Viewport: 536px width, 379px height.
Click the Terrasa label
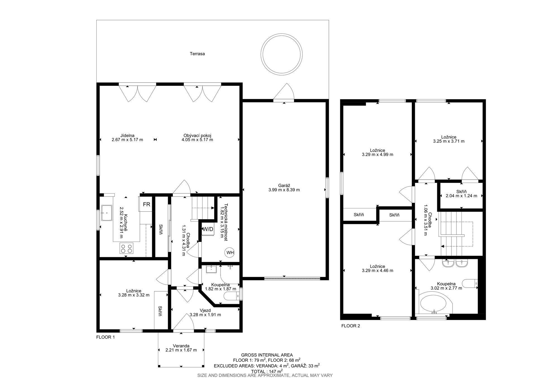point(197,54)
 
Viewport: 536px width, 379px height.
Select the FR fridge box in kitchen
point(146,204)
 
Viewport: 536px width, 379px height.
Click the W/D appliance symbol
point(208,229)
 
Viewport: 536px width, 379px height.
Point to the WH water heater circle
point(230,253)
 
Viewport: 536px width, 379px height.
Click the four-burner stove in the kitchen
point(126,248)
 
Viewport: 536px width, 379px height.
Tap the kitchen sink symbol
point(107,213)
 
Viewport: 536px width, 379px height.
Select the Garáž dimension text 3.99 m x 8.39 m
point(284,190)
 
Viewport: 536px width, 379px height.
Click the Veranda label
point(181,345)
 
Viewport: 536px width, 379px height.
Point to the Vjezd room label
point(205,310)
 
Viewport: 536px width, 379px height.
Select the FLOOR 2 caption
point(351,326)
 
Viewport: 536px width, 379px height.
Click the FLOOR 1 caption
point(106,337)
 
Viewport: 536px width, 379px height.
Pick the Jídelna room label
point(127,135)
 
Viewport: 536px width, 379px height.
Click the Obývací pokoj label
point(197,135)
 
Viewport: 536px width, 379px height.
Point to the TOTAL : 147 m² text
point(267,371)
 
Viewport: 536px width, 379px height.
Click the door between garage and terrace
point(284,92)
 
